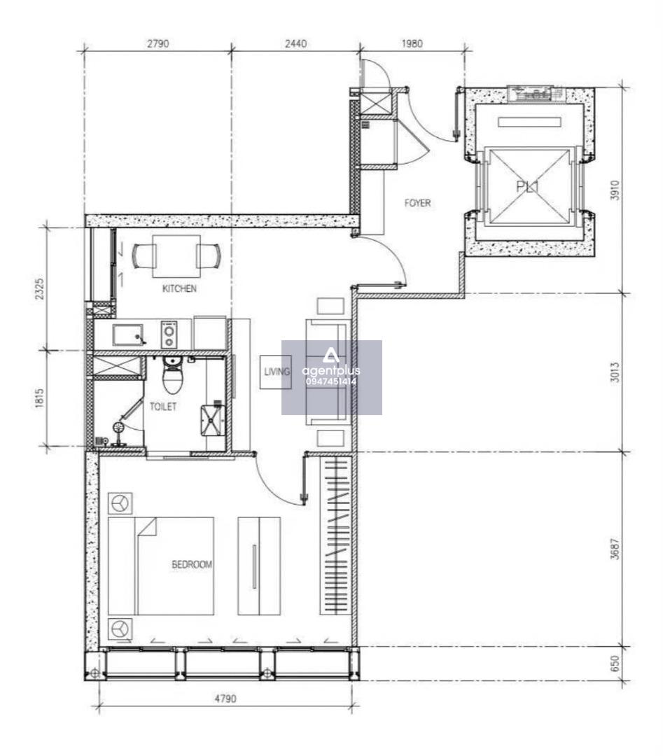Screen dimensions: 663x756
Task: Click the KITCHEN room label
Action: [x=179, y=288]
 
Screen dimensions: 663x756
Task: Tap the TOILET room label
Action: [x=163, y=407]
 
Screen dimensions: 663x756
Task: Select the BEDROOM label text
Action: [x=192, y=564]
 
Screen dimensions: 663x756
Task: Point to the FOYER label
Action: [x=417, y=203]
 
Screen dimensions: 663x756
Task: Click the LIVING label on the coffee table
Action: [x=277, y=371]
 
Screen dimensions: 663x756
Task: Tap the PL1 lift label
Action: [x=527, y=186]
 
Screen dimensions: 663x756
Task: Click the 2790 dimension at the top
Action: [x=158, y=43]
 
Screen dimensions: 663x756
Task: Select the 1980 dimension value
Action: [x=412, y=43]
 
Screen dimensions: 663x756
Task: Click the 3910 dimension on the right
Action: [x=615, y=190]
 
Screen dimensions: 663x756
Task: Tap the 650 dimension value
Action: [x=615, y=664]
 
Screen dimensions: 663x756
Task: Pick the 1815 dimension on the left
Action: [x=39, y=398]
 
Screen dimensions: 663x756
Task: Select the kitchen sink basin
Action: [x=128, y=335]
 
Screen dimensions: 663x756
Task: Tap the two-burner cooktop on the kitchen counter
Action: [x=169, y=334]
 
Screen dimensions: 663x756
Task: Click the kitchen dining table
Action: [x=176, y=256]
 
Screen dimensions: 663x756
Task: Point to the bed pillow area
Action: [x=123, y=566]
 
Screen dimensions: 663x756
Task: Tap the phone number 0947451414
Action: [x=331, y=381]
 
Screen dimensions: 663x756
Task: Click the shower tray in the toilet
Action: [x=213, y=420]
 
